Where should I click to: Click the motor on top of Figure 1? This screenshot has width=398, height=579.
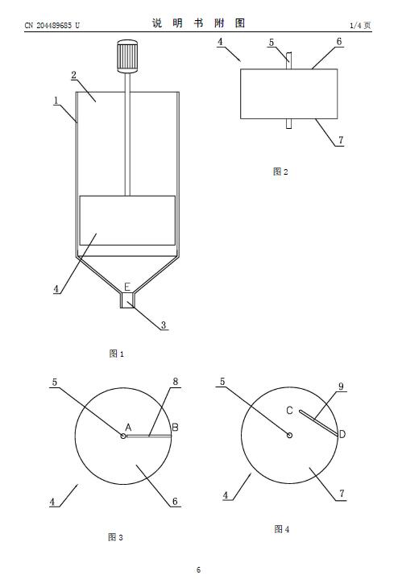128,56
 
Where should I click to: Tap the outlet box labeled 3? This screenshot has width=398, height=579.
127,300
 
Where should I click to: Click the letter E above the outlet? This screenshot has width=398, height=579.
127,287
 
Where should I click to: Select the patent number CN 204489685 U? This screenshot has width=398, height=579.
52,26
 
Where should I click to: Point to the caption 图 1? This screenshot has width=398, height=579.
116,354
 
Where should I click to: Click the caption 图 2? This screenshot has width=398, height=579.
280,172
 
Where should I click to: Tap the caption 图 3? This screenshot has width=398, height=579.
115,537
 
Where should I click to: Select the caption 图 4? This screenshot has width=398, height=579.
282,529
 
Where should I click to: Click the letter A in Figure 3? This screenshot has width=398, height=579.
128,428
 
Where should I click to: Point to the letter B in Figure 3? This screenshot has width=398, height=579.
175,428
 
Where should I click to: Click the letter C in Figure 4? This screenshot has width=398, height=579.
290,410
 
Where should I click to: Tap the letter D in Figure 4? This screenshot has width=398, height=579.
342,434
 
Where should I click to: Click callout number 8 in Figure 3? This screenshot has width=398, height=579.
176,382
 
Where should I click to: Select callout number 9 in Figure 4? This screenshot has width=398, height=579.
341,387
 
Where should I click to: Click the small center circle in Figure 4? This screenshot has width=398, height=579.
290,436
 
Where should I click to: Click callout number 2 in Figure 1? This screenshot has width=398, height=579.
74,75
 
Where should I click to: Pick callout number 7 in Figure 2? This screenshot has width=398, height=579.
341,140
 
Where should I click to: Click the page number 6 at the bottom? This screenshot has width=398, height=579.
198,570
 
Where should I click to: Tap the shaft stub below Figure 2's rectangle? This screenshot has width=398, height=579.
289,124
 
